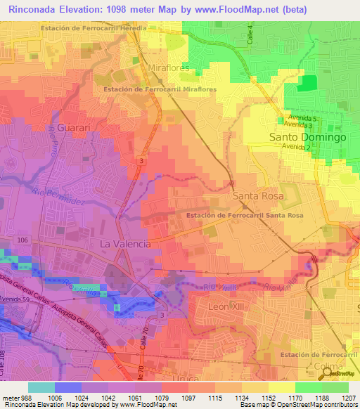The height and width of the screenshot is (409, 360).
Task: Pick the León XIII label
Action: [230, 307]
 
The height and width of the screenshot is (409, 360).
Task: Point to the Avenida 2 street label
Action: [296, 147]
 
